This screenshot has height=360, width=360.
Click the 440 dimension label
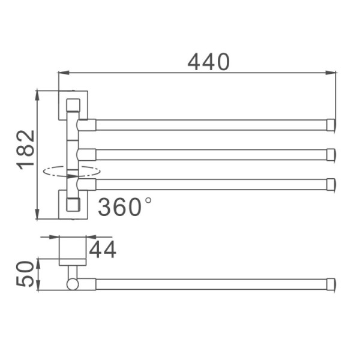click(208, 62)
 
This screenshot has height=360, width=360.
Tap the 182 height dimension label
click(25, 150)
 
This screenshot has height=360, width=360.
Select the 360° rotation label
click(124, 206)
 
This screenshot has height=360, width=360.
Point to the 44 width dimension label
click(103, 250)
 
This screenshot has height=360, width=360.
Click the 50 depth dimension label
click(25, 274)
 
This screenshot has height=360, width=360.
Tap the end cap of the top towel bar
click(331, 125)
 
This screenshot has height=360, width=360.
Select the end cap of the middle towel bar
click(331, 155)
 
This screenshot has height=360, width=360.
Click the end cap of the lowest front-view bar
click(331, 184)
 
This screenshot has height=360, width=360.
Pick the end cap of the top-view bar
click(331, 284)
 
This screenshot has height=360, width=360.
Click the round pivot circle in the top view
click(73, 284)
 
